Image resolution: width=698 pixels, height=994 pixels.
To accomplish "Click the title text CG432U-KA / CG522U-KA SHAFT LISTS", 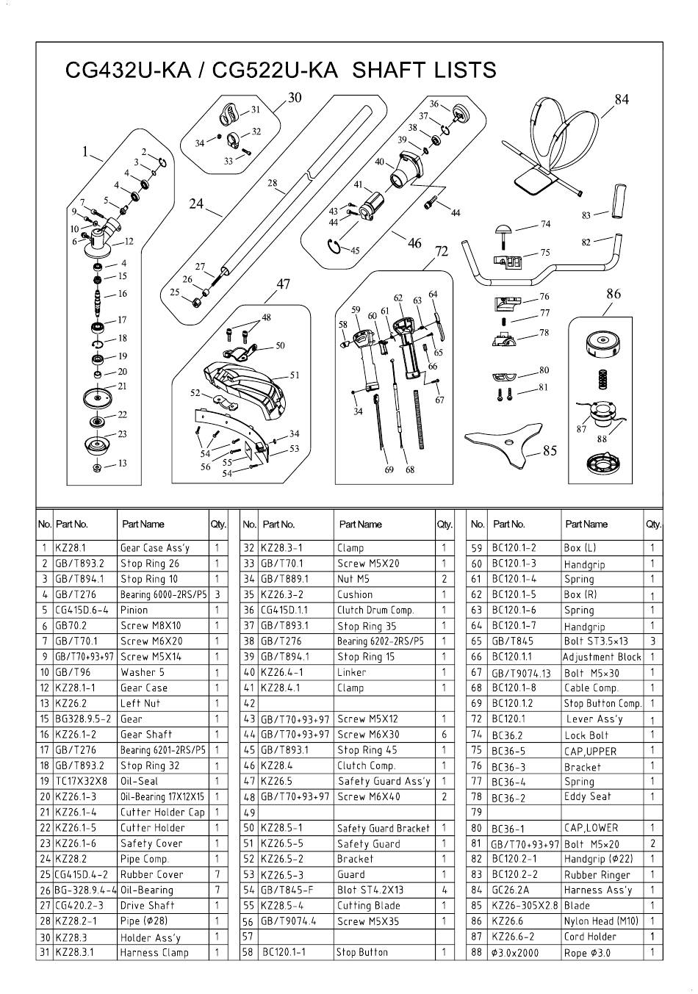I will click(x=281, y=71).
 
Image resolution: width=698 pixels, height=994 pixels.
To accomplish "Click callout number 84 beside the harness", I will click(x=622, y=99).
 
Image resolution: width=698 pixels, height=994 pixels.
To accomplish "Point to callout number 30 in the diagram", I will click(x=295, y=97).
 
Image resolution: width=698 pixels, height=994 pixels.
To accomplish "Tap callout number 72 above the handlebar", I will click(x=442, y=251).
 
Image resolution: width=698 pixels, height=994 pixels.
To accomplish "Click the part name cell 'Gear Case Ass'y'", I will click(x=155, y=548).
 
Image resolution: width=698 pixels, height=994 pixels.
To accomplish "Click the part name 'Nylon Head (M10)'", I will click(x=601, y=921).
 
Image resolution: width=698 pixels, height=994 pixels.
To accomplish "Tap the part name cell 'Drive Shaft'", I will click(x=148, y=906).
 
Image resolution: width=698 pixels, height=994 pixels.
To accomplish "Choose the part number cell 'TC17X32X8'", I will click(x=82, y=781).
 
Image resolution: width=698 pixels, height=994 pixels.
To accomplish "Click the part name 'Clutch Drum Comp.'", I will click(x=375, y=611).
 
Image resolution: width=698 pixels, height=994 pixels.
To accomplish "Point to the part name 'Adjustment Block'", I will click(x=602, y=658).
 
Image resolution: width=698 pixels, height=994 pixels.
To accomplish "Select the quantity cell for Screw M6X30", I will click(x=445, y=735).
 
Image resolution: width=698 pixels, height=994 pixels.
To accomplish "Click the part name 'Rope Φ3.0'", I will click(x=587, y=953).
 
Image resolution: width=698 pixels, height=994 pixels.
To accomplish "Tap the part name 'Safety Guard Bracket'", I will click(x=384, y=828).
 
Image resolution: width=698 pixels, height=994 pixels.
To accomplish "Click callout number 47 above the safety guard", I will click(x=284, y=284).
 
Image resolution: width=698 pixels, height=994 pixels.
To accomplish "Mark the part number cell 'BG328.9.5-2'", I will click(x=84, y=719).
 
